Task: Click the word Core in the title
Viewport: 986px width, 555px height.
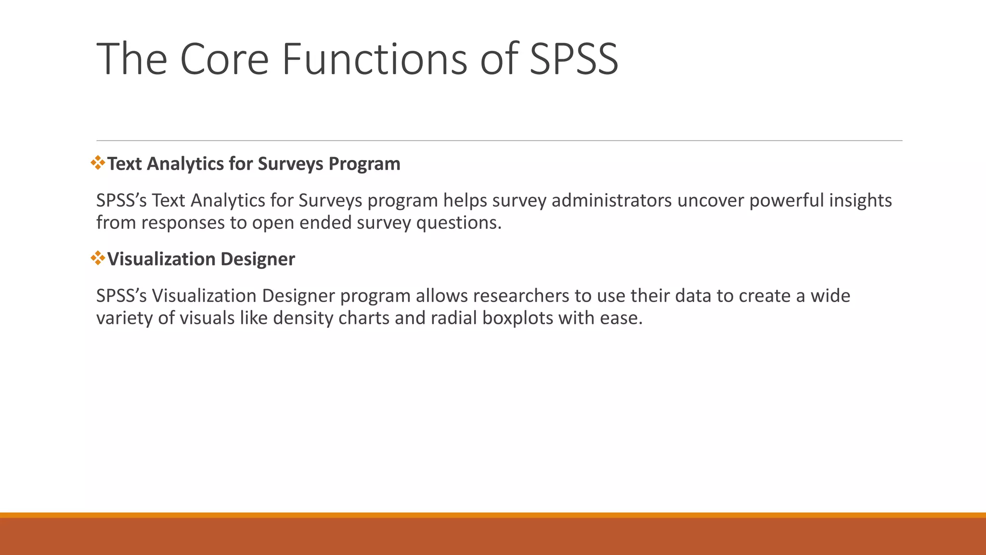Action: coord(224,59)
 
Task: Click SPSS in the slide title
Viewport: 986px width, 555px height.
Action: coord(573,59)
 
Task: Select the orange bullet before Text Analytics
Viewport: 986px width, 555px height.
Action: coord(98,163)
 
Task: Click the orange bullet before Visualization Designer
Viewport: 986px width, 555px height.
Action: coord(98,258)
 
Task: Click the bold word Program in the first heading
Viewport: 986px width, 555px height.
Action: coord(364,164)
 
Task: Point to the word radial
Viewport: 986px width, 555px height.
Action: coord(454,318)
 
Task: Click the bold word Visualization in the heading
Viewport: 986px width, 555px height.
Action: coord(161,260)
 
